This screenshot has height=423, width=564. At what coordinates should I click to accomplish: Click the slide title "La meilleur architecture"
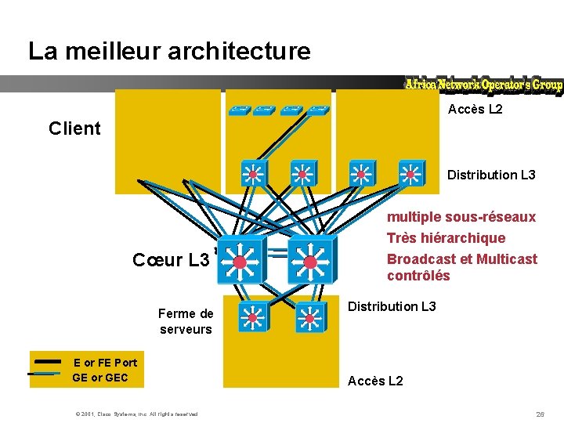pyautogui.click(x=169, y=52)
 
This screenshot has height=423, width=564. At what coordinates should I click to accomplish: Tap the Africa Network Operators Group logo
pyautogui.click(x=483, y=85)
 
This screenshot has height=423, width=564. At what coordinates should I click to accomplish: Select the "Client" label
pyautogui.click(x=74, y=128)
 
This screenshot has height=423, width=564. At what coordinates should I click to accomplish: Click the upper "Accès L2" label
pyautogui.click(x=475, y=110)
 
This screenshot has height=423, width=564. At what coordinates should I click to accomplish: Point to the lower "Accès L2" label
pyautogui.click(x=375, y=381)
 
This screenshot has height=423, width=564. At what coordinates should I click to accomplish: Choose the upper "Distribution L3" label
pyautogui.click(x=491, y=175)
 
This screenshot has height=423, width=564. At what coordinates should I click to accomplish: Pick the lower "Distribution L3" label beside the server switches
pyautogui.click(x=392, y=306)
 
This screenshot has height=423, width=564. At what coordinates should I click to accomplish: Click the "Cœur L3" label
pyautogui.click(x=171, y=259)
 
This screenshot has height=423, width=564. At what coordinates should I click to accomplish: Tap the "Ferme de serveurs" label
pyautogui.click(x=186, y=321)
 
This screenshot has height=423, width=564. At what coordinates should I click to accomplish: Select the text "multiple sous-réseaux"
pyautogui.click(x=461, y=216)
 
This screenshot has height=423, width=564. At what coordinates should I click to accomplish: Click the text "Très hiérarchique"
pyautogui.click(x=446, y=237)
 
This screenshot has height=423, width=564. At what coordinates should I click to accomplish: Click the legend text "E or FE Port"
pyautogui.click(x=105, y=363)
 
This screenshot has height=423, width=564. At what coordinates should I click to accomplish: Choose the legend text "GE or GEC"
pyautogui.click(x=99, y=378)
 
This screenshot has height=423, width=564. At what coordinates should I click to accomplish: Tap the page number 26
pyautogui.click(x=540, y=414)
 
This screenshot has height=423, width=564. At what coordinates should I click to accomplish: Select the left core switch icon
pyautogui.click(x=240, y=260)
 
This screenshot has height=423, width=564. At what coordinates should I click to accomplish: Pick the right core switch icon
pyautogui.click(x=310, y=260)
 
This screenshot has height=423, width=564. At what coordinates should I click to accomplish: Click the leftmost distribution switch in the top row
pyautogui.click(x=254, y=174)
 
